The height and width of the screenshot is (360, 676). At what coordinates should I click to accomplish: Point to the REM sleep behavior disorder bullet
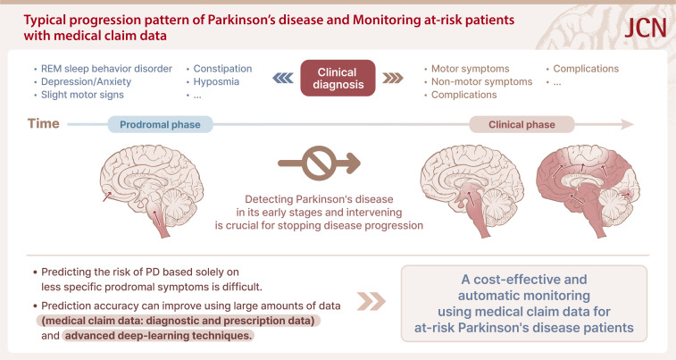[102, 68]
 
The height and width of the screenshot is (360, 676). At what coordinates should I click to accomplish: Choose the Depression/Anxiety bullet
[81, 81]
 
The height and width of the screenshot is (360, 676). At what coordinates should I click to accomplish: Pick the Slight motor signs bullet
[81, 95]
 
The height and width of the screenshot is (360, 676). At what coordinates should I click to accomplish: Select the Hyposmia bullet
[215, 81]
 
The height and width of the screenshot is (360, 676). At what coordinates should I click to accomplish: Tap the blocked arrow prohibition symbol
[318, 163]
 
